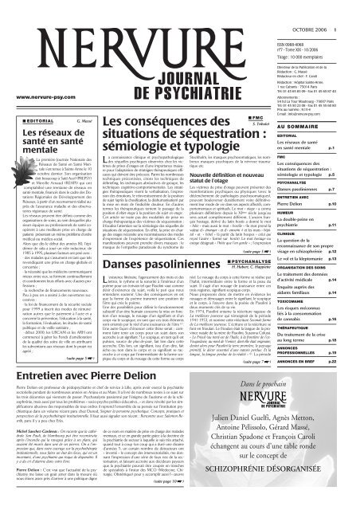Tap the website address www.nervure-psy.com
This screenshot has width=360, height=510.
37,96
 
